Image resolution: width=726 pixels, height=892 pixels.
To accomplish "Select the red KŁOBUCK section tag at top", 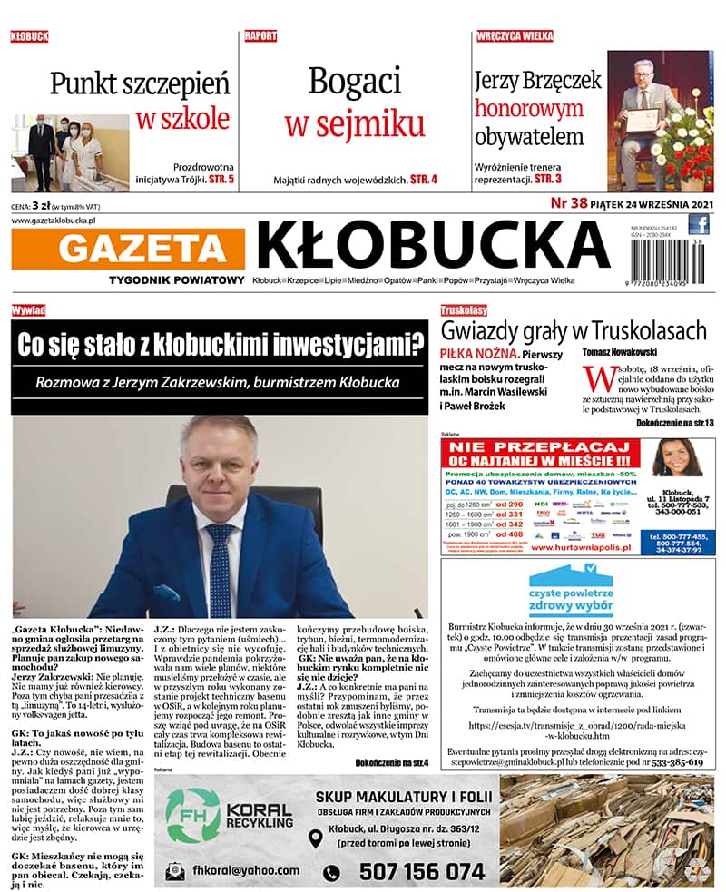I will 29,37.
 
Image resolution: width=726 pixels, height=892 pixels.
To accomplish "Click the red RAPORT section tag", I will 260,37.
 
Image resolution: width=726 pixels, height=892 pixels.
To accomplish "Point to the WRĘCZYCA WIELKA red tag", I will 515,37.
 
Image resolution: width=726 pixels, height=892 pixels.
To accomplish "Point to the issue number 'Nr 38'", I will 569,203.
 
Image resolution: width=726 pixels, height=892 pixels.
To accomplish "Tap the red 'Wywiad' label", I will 29,310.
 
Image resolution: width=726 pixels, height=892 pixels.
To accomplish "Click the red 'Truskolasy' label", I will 465,310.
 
